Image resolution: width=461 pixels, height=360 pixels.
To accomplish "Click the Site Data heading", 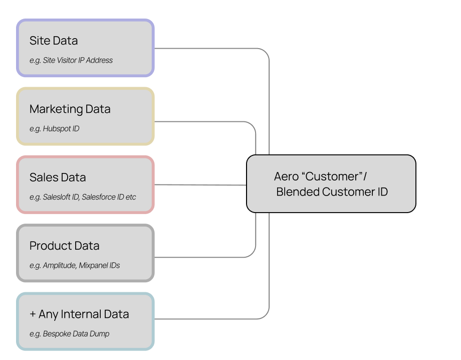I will tap(54, 41).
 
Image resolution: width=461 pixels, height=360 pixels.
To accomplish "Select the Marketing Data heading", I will tap(70, 109).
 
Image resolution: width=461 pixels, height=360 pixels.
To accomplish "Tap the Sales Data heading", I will tap(58, 177).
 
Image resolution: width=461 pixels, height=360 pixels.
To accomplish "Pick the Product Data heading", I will tap(64, 246).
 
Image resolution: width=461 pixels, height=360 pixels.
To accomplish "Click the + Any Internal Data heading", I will tap(79, 314).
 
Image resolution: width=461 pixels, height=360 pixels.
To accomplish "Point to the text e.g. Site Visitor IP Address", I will tap(71, 60).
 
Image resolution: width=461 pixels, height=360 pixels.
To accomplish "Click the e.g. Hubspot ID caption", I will tap(54, 129).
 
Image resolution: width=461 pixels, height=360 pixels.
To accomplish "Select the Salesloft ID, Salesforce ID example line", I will tap(83, 197).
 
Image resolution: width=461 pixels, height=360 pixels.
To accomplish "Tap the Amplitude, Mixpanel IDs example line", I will tap(75, 265).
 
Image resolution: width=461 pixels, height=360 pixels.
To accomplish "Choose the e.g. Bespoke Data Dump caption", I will tap(69, 334).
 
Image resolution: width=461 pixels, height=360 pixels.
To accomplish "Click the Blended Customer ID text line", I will tap(332, 192).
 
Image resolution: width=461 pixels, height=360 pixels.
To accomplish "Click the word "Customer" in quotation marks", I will tap(334, 176).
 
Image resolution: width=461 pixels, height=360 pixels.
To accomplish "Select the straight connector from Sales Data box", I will tap(200, 185).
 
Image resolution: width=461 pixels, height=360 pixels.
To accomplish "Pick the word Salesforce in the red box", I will tap(99, 197).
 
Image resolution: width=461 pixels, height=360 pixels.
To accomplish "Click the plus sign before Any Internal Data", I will tap(33, 314).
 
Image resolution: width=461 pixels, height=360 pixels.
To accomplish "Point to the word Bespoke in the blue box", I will tap(58, 334).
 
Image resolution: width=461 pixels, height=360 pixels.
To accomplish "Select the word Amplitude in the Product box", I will tap(59, 265).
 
